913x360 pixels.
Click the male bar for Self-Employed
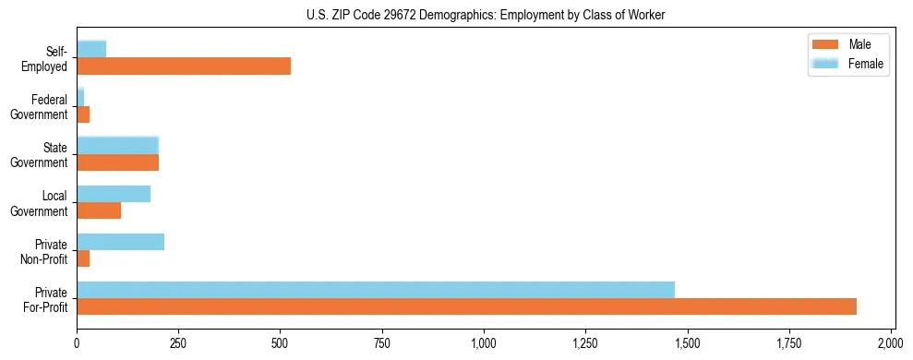click(184, 66)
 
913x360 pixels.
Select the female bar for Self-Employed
click(91, 49)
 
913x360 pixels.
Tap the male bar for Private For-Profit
click(466, 306)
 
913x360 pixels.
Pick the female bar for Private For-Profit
click(376, 290)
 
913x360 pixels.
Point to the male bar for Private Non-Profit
click(83, 258)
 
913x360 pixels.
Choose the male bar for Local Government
click(99, 210)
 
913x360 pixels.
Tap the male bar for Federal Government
click(83, 114)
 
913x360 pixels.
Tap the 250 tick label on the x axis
click(178, 343)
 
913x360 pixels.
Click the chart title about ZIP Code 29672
click(485, 16)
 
